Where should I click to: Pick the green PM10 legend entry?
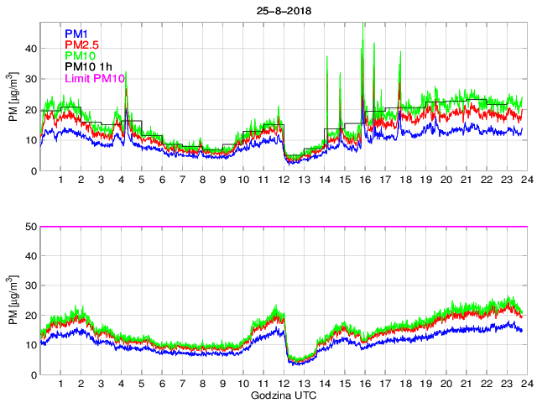click(81, 56)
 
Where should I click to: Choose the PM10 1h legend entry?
click(88, 67)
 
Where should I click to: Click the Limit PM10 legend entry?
click(95, 79)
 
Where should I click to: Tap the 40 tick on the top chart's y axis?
click(30, 48)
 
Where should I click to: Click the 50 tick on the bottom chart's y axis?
click(30, 227)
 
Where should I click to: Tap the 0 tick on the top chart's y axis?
click(34, 171)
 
